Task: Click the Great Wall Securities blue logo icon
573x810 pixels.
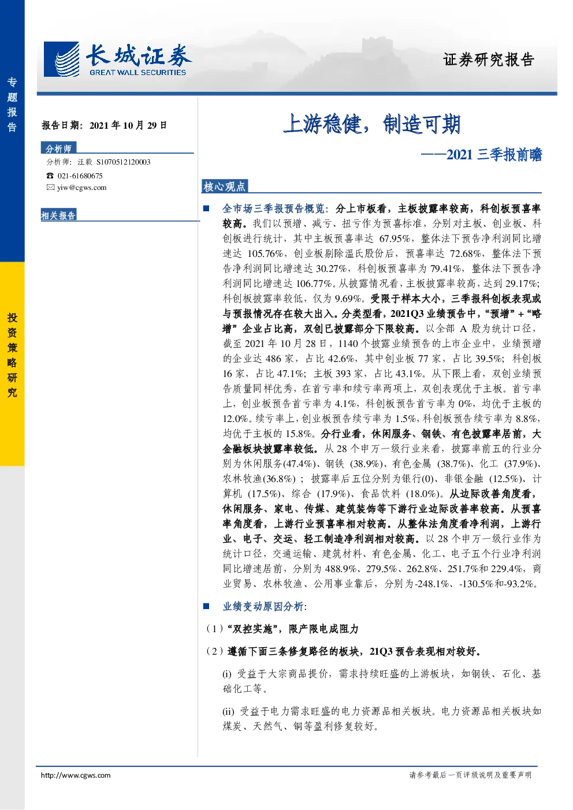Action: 61,59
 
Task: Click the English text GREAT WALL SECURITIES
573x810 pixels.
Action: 138,72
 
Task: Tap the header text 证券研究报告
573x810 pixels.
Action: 489,59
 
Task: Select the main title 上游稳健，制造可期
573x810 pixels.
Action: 371,124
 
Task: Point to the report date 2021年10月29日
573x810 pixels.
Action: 128,125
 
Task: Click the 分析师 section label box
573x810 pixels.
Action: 58,148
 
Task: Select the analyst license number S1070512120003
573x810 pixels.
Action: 124,162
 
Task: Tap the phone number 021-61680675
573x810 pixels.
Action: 80,176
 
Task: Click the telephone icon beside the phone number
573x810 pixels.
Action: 50,176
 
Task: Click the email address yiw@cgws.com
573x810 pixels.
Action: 82,188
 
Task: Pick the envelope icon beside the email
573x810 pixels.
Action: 50,187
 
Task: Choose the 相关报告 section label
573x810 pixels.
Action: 58,215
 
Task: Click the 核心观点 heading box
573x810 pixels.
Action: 225,186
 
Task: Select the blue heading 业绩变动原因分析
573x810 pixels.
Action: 263,606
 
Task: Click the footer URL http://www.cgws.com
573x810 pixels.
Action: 76,775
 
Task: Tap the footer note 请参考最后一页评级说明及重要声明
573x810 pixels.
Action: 470,775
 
